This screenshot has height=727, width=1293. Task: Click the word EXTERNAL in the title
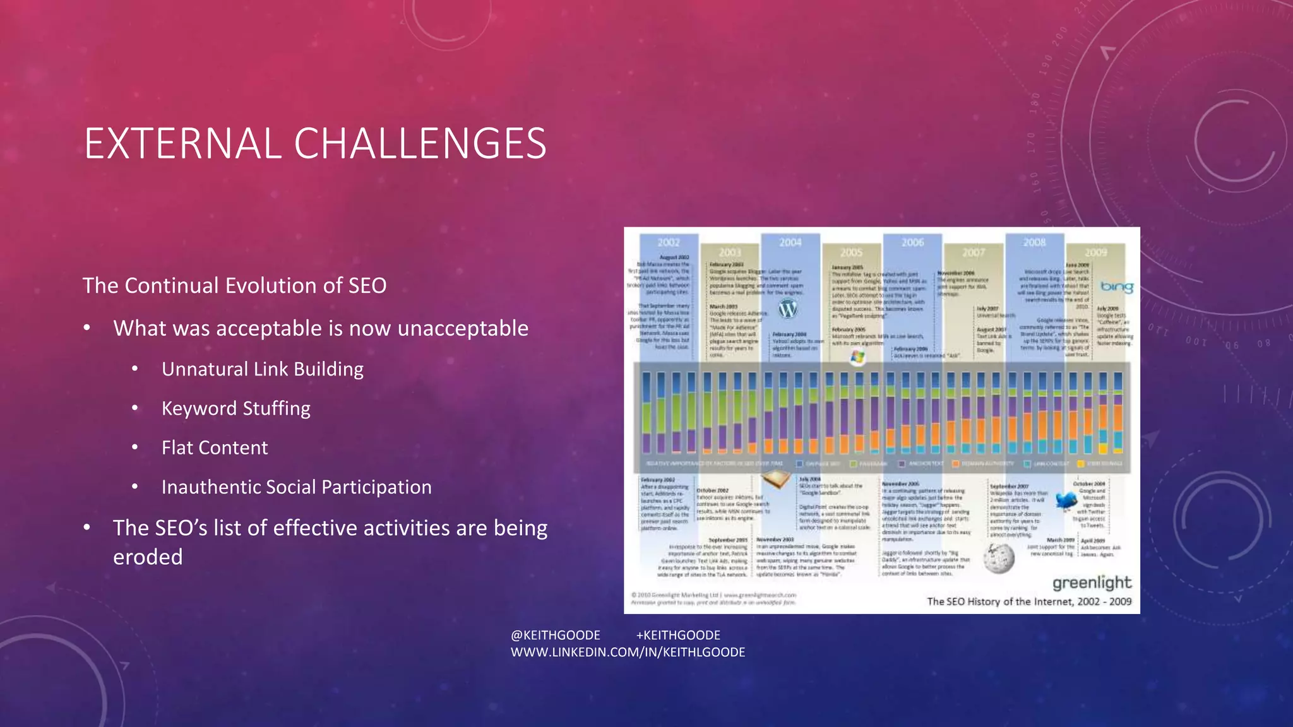[x=183, y=143]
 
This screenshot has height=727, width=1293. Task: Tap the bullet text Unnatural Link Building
[x=262, y=369]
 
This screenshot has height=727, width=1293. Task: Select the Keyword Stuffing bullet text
[x=235, y=408]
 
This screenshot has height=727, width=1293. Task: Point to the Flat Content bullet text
[x=215, y=447]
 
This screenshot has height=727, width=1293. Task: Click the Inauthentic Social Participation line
[x=296, y=487]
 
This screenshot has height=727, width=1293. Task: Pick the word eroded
[x=148, y=557]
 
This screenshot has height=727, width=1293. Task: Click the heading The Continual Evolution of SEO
[x=234, y=285]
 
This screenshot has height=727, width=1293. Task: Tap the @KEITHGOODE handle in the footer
[x=555, y=635]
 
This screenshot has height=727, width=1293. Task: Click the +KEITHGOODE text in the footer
[x=678, y=635]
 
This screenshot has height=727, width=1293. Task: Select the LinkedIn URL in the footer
[x=628, y=652]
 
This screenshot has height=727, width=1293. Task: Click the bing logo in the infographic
[x=1116, y=287]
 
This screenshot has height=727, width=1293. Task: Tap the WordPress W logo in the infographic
[x=788, y=309]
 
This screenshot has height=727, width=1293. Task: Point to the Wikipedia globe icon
[x=999, y=558]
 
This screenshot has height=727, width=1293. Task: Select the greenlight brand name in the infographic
[x=1092, y=582]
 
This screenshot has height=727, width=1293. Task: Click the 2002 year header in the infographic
[x=669, y=242]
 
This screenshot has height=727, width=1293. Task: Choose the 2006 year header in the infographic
[x=912, y=242]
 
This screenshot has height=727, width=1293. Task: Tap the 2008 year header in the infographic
[x=1034, y=242]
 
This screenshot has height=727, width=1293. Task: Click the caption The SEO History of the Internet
[x=1028, y=601]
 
